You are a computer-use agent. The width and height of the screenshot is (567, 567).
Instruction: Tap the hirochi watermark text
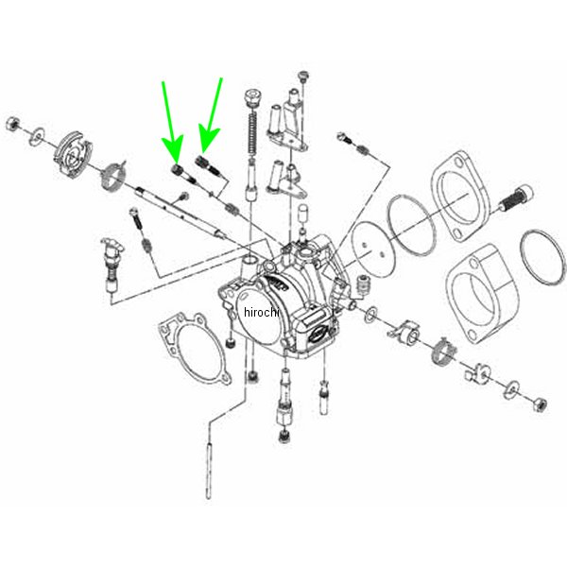tap(262, 312)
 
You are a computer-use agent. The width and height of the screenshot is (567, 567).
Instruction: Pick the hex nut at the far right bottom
tap(539, 403)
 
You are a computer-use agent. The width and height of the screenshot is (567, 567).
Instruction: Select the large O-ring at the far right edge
tap(540, 254)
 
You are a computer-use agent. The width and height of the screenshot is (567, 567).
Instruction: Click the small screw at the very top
tap(302, 76)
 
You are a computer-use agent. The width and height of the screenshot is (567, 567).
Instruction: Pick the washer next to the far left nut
tap(38, 133)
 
